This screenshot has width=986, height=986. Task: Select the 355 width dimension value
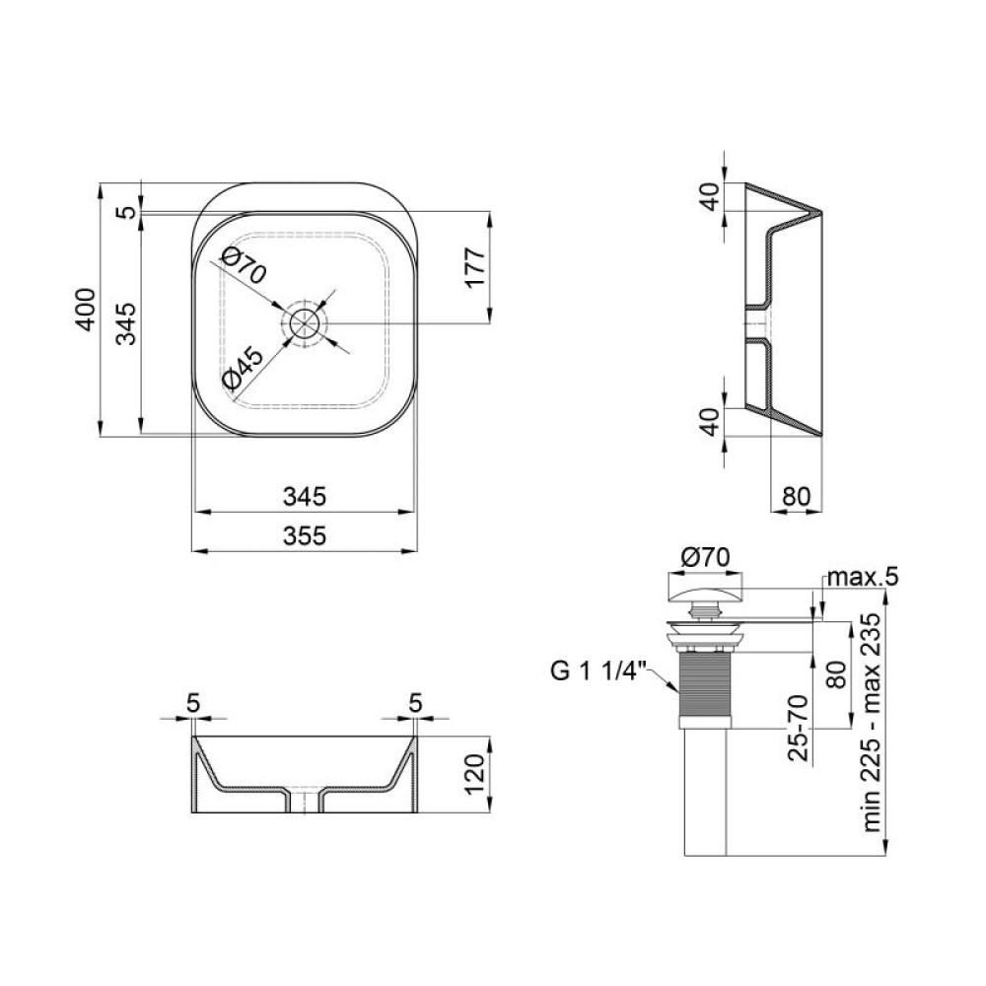[305, 535]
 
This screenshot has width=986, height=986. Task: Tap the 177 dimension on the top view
[476, 267]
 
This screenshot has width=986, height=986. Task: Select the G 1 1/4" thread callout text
[599, 670]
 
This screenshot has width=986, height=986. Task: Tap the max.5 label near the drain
[863, 576]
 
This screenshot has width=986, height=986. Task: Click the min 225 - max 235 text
[873, 723]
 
